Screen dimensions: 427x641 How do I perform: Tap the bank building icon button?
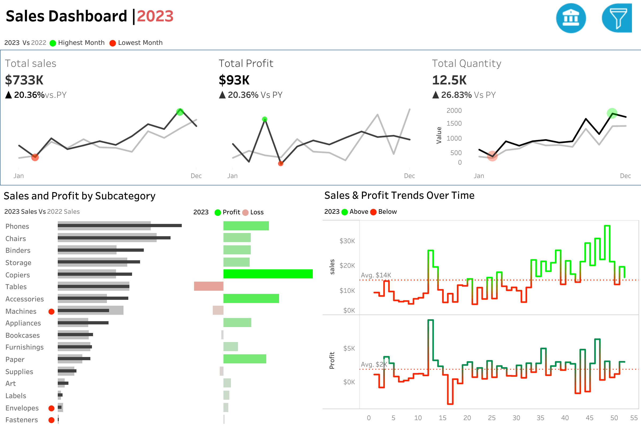coord(571,18)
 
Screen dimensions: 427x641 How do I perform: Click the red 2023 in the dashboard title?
coord(155,16)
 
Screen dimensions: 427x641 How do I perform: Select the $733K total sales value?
coord(24,80)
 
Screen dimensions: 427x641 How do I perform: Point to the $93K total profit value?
coord(234,80)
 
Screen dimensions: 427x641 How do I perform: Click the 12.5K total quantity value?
coord(449,80)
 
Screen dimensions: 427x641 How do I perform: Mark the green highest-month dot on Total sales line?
coord(180,112)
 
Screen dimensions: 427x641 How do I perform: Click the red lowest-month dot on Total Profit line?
coord(281,163)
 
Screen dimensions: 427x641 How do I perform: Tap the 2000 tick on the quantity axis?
coord(454,111)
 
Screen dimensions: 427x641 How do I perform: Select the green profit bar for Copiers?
coord(268,274)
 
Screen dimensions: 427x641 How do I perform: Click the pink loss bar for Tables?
coord(208,286)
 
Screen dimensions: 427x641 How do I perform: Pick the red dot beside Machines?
coord(51,312)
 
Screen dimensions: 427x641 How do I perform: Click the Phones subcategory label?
coord(17,226)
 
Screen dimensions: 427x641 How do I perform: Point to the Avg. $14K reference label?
coord(376,275)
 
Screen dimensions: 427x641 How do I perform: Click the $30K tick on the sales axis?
coord(347,241)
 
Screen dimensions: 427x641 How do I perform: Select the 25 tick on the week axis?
coord(492,418)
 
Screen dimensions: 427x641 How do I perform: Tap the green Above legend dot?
coord(345,212)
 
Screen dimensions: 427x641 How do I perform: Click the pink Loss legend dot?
coord(245,212)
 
